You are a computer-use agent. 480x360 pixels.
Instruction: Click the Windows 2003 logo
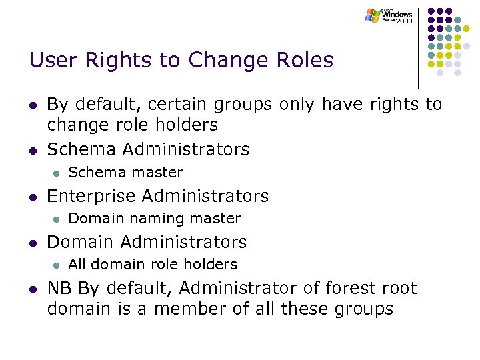tap(389, 15)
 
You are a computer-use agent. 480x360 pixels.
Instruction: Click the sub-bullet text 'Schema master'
tap(125, 173)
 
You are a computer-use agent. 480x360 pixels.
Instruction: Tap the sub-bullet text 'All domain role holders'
tap(153, 265)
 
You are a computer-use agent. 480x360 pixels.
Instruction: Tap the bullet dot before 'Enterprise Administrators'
tap(33, 197)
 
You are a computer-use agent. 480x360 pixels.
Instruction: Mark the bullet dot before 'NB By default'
tap(33, 289)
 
